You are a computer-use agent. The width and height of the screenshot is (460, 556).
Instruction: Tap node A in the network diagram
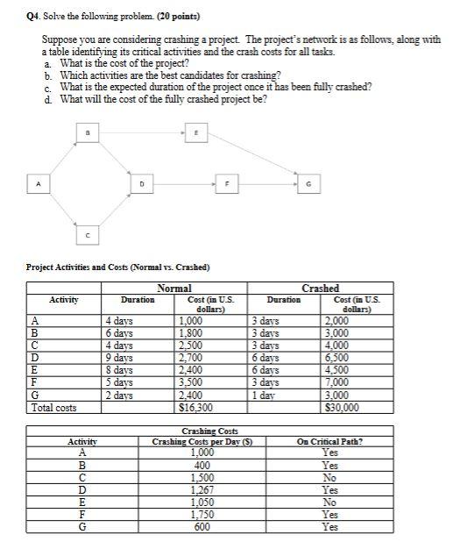37,184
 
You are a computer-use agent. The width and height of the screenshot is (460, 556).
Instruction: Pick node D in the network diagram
141,184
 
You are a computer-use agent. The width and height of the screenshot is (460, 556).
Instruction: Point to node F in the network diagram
229,184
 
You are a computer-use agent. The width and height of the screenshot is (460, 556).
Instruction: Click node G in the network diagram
308,184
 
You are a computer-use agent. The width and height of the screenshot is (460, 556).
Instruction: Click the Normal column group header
175,289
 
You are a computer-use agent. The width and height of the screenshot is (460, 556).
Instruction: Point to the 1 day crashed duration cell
266,396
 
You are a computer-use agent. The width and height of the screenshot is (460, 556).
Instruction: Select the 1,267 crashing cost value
202,490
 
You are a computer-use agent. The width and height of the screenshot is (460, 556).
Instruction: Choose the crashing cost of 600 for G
202,527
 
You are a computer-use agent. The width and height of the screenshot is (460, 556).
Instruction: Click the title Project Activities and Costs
118,267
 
